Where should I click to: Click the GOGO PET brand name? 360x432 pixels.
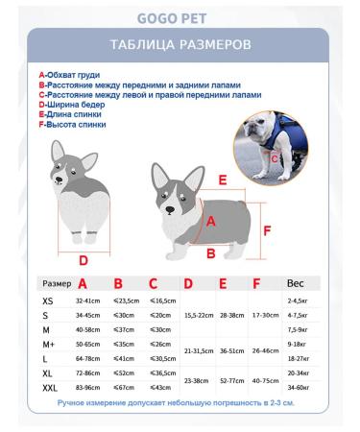coord(180,15)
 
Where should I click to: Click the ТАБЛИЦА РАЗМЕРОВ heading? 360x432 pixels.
coord(180,45)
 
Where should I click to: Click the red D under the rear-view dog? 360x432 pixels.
coord(83,259)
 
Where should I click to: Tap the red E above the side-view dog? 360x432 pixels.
coord(222,180)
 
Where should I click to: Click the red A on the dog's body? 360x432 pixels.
coord(212,219)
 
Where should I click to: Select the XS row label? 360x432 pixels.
coord(49,300)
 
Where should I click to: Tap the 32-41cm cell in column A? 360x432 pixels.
coord(88,301)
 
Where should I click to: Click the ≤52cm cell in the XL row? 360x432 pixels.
coord(124,372)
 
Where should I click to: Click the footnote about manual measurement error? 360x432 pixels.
coord(180,405)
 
